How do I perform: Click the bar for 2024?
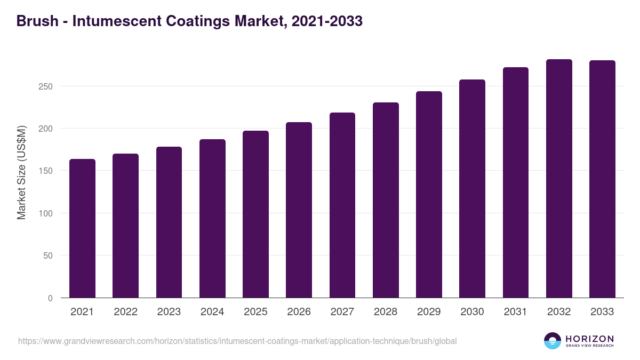(212, 219)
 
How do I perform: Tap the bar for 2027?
(342, 205)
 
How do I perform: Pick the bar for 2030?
(472, 189)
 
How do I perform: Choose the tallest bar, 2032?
(559, 179)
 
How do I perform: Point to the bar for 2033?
(602, 179)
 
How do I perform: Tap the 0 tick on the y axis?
(50, 298)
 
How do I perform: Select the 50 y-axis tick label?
(48, 255)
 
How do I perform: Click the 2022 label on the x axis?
(125, 312)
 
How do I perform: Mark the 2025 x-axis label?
(255, 312)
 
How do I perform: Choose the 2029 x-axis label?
(429, 312)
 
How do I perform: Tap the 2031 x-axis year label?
(515, 312)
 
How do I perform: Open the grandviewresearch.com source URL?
(237, 341)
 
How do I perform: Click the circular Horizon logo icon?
(553, 341)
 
